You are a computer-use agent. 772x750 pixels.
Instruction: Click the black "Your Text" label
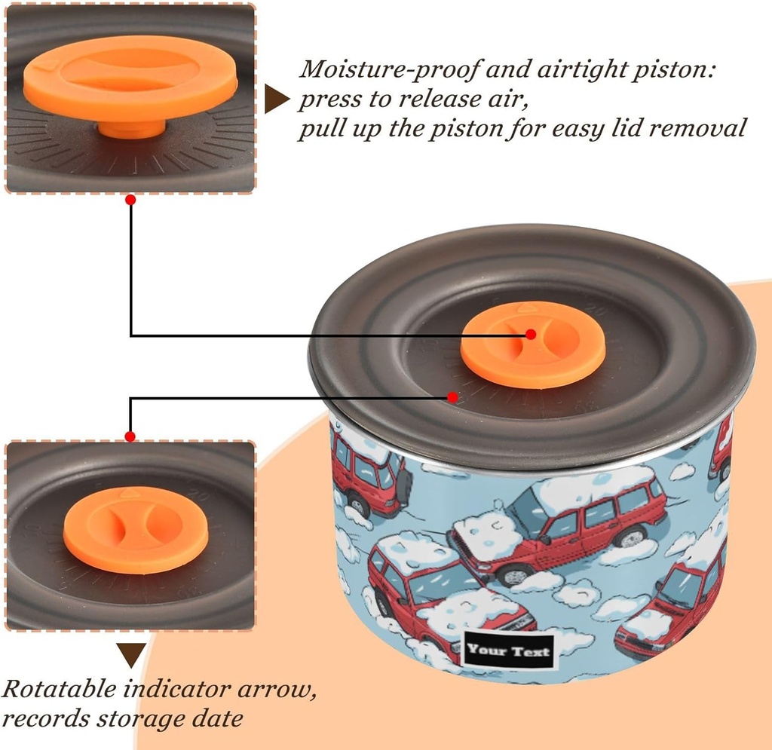508,650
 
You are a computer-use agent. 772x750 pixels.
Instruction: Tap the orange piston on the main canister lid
532,345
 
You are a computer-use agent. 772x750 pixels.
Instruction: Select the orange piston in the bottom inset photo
124,530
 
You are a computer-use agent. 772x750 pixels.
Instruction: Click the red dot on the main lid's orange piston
531,334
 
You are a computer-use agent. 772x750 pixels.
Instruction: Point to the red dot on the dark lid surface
452,396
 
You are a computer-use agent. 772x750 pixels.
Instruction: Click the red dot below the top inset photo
130,200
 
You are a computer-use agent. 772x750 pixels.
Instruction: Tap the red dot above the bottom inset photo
130,436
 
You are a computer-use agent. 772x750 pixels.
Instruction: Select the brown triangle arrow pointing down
131,654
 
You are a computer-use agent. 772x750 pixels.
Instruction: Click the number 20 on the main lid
599,310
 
